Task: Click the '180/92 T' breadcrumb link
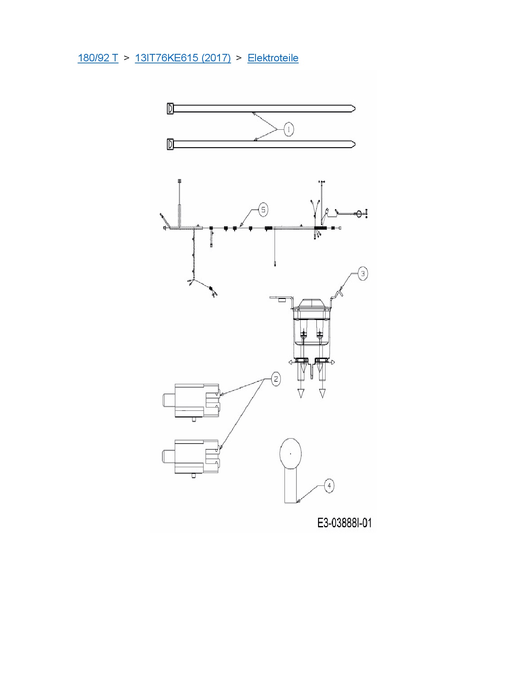point(98,58)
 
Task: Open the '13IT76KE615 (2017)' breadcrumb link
point(183,58)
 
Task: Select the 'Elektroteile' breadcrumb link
point(273,58)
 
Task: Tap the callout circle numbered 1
point(288,129)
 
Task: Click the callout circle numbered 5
point(263,210)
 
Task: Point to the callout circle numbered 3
point(362,274)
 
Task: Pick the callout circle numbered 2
point(275,379)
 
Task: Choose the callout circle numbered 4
point(329,486)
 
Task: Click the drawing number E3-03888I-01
point(345,523)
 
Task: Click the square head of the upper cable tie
point(170,109)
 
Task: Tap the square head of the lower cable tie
point(170,144)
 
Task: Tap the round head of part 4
point(291,454)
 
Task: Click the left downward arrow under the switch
point(301,393)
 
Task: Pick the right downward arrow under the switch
point(323,393)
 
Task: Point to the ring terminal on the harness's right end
point(359,213)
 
